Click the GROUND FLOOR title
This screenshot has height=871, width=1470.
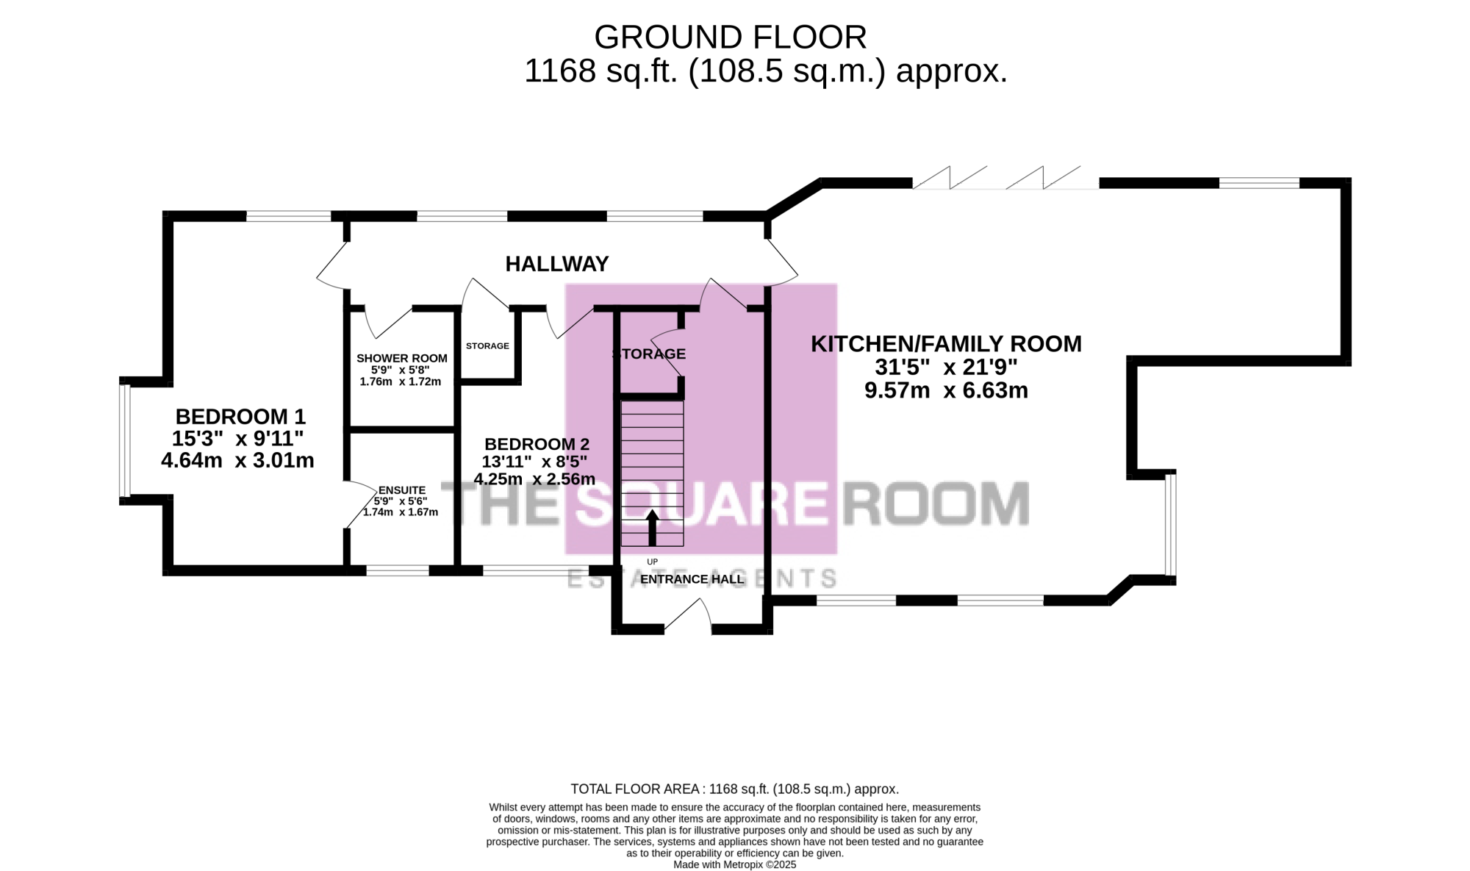[x=730, y=37]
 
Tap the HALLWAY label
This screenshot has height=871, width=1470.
[x=557, y=264]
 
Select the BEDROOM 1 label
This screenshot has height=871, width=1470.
[x=240, y=417]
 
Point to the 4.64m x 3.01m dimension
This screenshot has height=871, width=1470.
[x=237, y=461]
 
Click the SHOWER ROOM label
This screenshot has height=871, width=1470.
[x=402, y=359]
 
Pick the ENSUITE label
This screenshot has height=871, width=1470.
[x=402, y=490]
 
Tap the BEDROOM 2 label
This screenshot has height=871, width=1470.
[x=537, y=444]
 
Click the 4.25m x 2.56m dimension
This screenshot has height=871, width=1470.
[x=534, y=479]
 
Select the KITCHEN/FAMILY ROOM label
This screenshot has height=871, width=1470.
[x=946, y=344]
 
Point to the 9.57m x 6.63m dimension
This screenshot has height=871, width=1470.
[x=946, y=390]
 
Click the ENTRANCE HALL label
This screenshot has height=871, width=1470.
[x=692, y=579]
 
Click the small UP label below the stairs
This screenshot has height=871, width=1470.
[x=652, y=562]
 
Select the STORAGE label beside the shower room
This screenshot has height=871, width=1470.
[x=487, y=345]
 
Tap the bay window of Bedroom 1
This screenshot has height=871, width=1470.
[x=125, y=441]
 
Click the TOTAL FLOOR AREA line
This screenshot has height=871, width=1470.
[x=735, y=789]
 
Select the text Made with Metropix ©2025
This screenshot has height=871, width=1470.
[x=735, y=865]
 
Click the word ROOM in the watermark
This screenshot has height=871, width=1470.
[x=936, y=503]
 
